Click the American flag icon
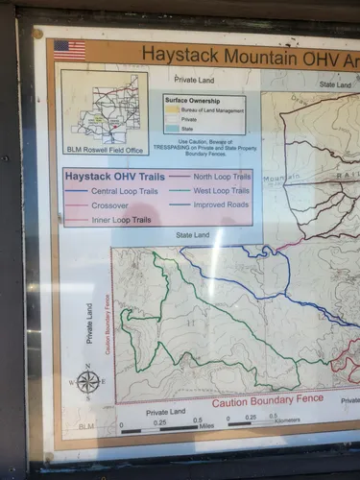pos(69,49)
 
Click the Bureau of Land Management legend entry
pos(210,111)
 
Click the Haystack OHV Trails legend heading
pos(113,177)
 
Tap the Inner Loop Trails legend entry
pos(121,220)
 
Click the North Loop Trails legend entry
pos(223,177)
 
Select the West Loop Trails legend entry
pos(221,191)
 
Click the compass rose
pos(88,381)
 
